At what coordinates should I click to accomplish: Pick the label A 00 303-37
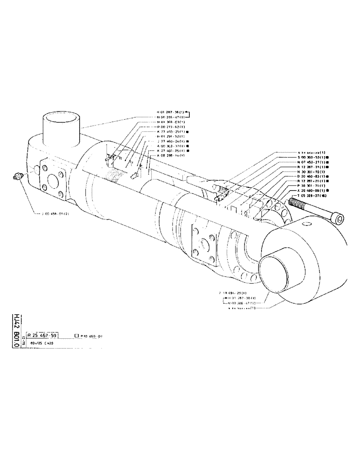pos(166,145)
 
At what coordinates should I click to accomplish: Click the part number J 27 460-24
pos(166,141)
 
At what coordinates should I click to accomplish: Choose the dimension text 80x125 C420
pos(43,343)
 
